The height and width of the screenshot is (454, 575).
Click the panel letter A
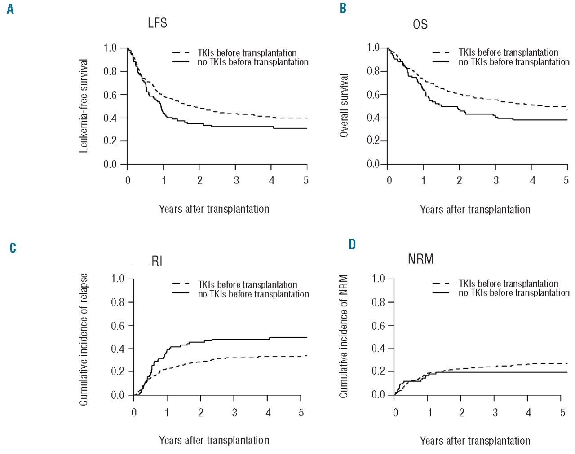pyautogui.click(x=10, y=9)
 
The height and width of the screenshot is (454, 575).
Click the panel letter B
pyautogui.click(x=343, y=8)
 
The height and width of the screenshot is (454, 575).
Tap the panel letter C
pyautogui.click(x=13, y=248)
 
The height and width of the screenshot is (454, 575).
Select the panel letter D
pyautogui.click(x=352, y=244)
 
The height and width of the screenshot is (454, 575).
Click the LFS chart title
pyautogui.click(x=157, y=23)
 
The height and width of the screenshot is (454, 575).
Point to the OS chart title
pyautogui.click(x=420, y=24)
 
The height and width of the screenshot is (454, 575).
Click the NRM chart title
pyautogui.click(x=420, y=259)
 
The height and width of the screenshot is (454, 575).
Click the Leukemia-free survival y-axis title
pyautogui.click(x=84, y=106)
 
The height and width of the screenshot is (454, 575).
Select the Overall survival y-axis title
pyautogui.click(x=344, y=106)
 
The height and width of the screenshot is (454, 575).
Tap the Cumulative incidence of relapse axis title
pyautogui.click(x=84, y=339)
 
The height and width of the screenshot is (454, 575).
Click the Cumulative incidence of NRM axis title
pyautogui.click(x=344, y=336)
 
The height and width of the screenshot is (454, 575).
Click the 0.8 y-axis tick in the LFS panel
pyautogui.click(x=110, y=71)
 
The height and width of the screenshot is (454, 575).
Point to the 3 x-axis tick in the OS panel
pyautogui.click(x=496, y=180)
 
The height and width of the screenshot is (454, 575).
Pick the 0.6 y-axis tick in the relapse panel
pyautogui.click(x=118, y=326)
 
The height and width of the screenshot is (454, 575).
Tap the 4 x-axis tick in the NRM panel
pyautogui.click(x=528, y=412)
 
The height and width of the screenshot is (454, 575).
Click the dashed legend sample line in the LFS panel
pyautogui.click(x=181, y=53)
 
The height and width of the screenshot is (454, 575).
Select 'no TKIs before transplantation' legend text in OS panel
pyautogui.click(x=514, y=62)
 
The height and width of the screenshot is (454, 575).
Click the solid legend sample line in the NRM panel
pyautogui.click(x=441, y=293)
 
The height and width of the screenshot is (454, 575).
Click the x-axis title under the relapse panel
pyautogui.click(x=214, y=440)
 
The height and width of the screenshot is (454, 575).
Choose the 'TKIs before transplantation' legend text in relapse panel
pyautogui.click(x=248, y=285)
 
